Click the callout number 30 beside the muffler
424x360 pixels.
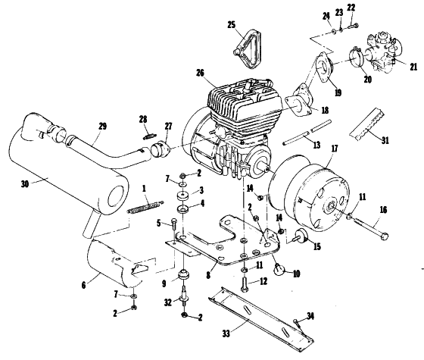24,184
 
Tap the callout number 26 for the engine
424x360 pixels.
200,73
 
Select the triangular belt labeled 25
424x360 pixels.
248,49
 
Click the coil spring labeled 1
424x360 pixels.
145,207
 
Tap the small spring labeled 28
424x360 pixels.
149,136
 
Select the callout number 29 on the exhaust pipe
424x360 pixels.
102,127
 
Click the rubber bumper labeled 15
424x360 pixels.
301,235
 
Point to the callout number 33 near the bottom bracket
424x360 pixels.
226,333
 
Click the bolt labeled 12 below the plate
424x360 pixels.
245,283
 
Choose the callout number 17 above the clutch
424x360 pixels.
335,149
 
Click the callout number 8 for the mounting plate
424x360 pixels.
208,275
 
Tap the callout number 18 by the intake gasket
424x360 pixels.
325,111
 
